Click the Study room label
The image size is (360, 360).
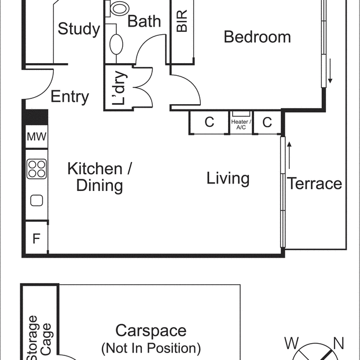(x=79, y=29)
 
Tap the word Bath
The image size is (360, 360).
(x=144, y=21)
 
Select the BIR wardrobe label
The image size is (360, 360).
(x=182, y=20)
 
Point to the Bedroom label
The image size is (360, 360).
(x=257, y=37)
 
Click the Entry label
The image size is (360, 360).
(x=69, y=97)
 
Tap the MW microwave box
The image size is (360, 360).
(x=36, y=138)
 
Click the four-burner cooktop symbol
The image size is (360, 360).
(x=36, y=168)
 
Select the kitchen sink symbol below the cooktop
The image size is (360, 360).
(x=36, y=201)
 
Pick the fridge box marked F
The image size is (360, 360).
(x=36, y=238)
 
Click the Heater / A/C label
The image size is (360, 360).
(x=241, y=124)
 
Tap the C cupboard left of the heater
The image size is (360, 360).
(x=209, y=123)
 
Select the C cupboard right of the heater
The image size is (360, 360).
(x=267, y=123)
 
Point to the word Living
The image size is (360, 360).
(x=228, y=178)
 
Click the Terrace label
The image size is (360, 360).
(x=315, y=184)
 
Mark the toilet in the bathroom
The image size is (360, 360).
(x=119, y=8)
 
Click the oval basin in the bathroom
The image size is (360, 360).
(x=116, y=44)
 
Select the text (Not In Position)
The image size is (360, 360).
(x=151, y=348)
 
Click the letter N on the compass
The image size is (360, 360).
(x=339, y=344)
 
